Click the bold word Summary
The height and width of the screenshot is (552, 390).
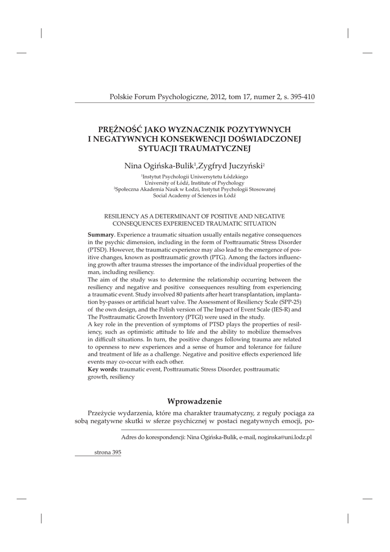[101, 235]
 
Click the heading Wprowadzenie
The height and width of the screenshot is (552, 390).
[194, 401]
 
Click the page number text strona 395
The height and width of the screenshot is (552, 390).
[108, 453]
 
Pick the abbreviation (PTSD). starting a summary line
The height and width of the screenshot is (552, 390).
[99, 251]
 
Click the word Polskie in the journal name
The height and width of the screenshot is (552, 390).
[121, 97]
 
